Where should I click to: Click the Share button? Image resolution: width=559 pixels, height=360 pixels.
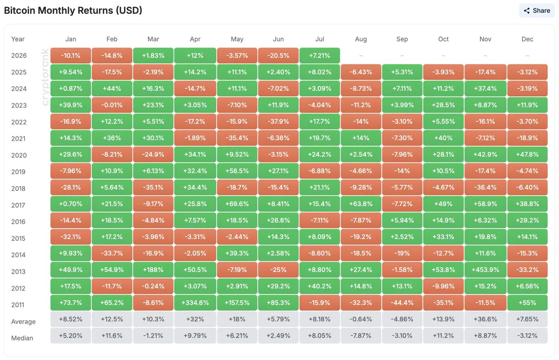coord(537,11)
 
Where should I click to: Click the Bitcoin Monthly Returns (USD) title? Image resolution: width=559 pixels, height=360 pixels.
coord(73,11)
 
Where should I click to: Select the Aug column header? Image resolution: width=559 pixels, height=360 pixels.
coord(361,39)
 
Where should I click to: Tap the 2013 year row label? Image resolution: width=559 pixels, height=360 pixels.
coord(18,272)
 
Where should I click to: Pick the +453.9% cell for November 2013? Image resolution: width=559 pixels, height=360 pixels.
coord(485,270)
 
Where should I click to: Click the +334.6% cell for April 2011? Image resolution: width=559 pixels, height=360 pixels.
coord(195,303)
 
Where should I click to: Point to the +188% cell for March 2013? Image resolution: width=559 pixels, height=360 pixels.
coord(153,270)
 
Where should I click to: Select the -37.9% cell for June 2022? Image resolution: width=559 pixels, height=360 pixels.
coord(278,121)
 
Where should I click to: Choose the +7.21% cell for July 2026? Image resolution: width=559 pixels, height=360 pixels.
coord(319,55)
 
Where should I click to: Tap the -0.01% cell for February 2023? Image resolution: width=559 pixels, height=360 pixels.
coord(112,105)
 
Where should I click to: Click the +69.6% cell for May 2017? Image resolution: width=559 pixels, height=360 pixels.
coord(237,204)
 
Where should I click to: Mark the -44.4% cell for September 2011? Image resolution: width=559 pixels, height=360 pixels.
coord(402,303)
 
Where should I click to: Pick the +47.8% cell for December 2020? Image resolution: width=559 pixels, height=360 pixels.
coord(527,154)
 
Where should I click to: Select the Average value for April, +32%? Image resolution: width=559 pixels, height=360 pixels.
coord(195,319)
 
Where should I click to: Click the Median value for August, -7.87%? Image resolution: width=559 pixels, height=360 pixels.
coord(361,336)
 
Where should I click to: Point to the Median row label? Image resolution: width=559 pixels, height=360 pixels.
coord(22,338)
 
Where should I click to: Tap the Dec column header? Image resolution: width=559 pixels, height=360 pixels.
coord(527,39)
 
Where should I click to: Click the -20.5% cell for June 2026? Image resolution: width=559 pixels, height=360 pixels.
coord(278,55)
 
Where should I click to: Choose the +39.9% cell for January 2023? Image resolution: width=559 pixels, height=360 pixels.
coord(70,105)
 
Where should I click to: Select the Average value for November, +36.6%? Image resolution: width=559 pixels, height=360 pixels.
coord(485,319)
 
